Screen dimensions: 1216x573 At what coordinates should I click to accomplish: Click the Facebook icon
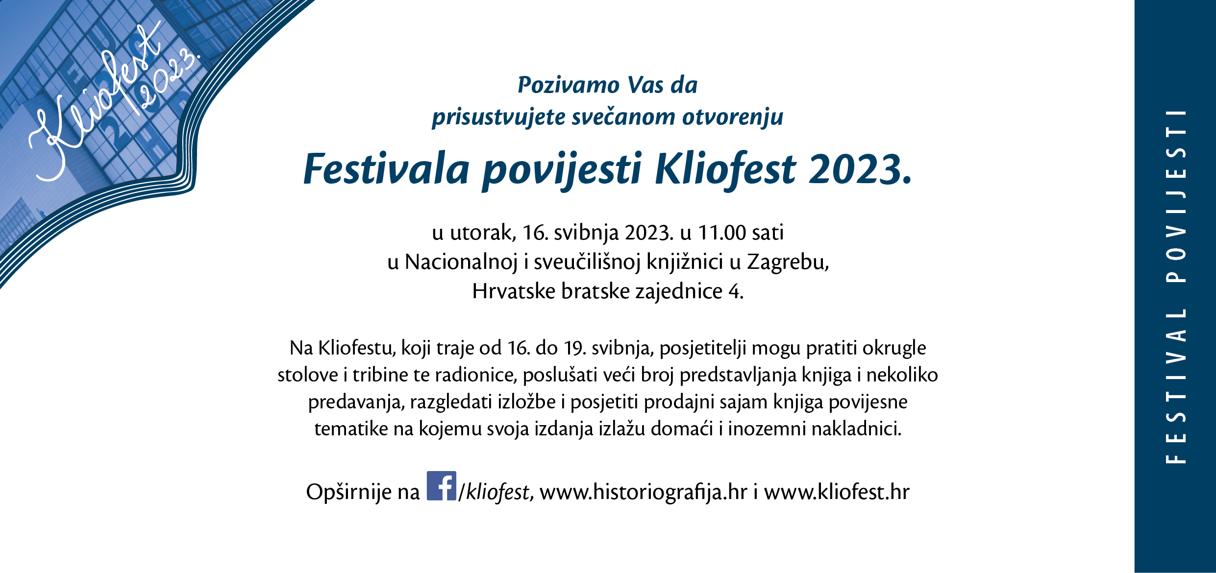(441, 485)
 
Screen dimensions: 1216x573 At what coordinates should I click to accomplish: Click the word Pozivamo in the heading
(569, 86)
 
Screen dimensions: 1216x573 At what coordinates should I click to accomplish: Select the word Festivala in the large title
(386, 169)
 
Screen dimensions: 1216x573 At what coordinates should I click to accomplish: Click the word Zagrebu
(788, 263)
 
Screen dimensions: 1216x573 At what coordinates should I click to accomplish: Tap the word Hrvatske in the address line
(514, 291)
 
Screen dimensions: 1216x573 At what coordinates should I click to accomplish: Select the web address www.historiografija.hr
(643, 492)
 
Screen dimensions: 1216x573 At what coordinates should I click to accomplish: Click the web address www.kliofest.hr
(836, 492)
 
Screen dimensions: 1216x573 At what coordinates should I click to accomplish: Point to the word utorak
(483, 233)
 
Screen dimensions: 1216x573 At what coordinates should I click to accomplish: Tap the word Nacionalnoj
(461, 263)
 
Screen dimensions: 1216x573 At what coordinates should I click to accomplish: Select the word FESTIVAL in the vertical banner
(1176, 385)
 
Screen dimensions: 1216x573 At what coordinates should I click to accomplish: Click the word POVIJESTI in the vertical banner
(1176, 196)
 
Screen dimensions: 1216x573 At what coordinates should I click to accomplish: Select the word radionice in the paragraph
(476, 375)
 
